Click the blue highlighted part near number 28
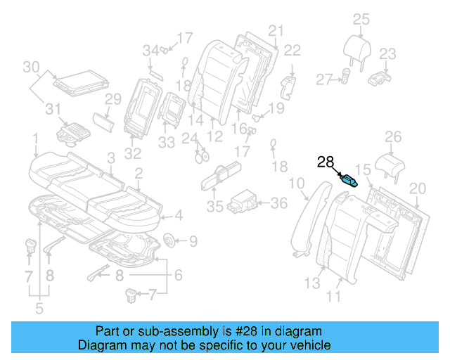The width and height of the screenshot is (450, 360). click(349, 180)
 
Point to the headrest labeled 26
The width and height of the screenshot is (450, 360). click(392, 165)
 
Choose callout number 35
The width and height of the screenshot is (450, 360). click(214, 206)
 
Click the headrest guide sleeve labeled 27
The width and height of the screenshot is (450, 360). click(347, 77)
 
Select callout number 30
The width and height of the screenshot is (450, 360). click(30, 67)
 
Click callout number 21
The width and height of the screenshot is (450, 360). click(275, 30)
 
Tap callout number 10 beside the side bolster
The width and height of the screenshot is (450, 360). click(297, 185)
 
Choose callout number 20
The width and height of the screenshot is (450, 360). click(418, 188)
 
